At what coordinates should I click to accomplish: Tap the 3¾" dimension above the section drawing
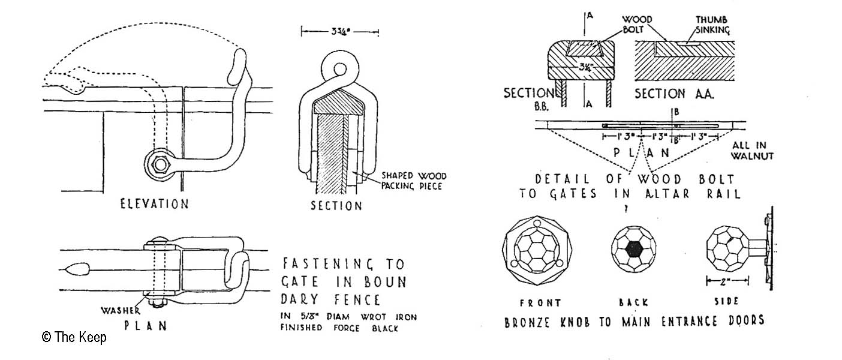pos(340,31)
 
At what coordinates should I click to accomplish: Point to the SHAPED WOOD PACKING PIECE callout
pos(414,182)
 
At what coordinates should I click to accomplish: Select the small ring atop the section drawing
pos(339,68)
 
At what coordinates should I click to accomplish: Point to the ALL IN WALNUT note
pos(752,151)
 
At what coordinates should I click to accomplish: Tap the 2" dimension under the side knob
pos(727,280)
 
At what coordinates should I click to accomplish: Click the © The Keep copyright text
pos(74,337)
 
